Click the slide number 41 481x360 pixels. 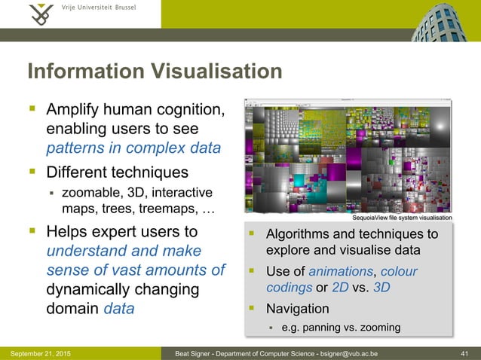465,353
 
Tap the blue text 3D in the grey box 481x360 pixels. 381,288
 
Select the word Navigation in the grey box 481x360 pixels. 298,309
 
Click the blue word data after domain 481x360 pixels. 119,308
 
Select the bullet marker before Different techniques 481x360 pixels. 33,171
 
